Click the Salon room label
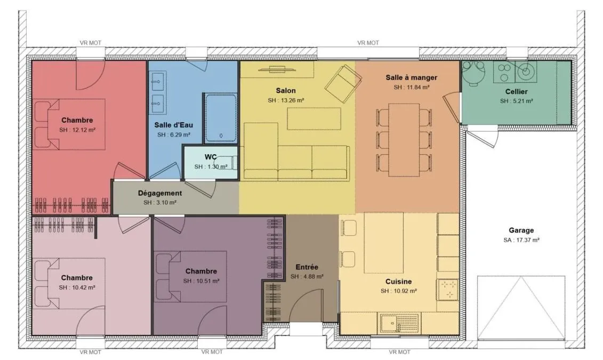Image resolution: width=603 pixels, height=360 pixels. (x=286, y=91)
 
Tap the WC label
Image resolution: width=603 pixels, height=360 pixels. (x=211, y=157)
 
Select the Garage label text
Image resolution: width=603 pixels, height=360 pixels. (x=521, y=230)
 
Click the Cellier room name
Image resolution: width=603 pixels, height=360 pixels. (x=517, y=92)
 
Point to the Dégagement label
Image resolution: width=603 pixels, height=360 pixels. (x=160, y=193)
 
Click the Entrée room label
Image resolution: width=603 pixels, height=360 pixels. (x=307, y=267)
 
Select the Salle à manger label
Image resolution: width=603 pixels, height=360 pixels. (x=412, y=77)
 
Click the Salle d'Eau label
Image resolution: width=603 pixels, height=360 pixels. (x=174, y=125)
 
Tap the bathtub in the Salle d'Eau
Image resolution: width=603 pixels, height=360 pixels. (x=220, y=118)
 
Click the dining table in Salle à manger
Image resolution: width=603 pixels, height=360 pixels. (x=404, y=140)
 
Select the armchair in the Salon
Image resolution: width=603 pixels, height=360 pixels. (x=343, y=84)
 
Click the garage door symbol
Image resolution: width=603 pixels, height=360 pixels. (x=521, y=308)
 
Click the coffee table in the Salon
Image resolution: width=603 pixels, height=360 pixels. (x=314, y=119)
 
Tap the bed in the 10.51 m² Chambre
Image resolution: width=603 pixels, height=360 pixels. (x=190, y=277)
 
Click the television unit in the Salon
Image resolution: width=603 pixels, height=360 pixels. (x=277, y=69)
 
